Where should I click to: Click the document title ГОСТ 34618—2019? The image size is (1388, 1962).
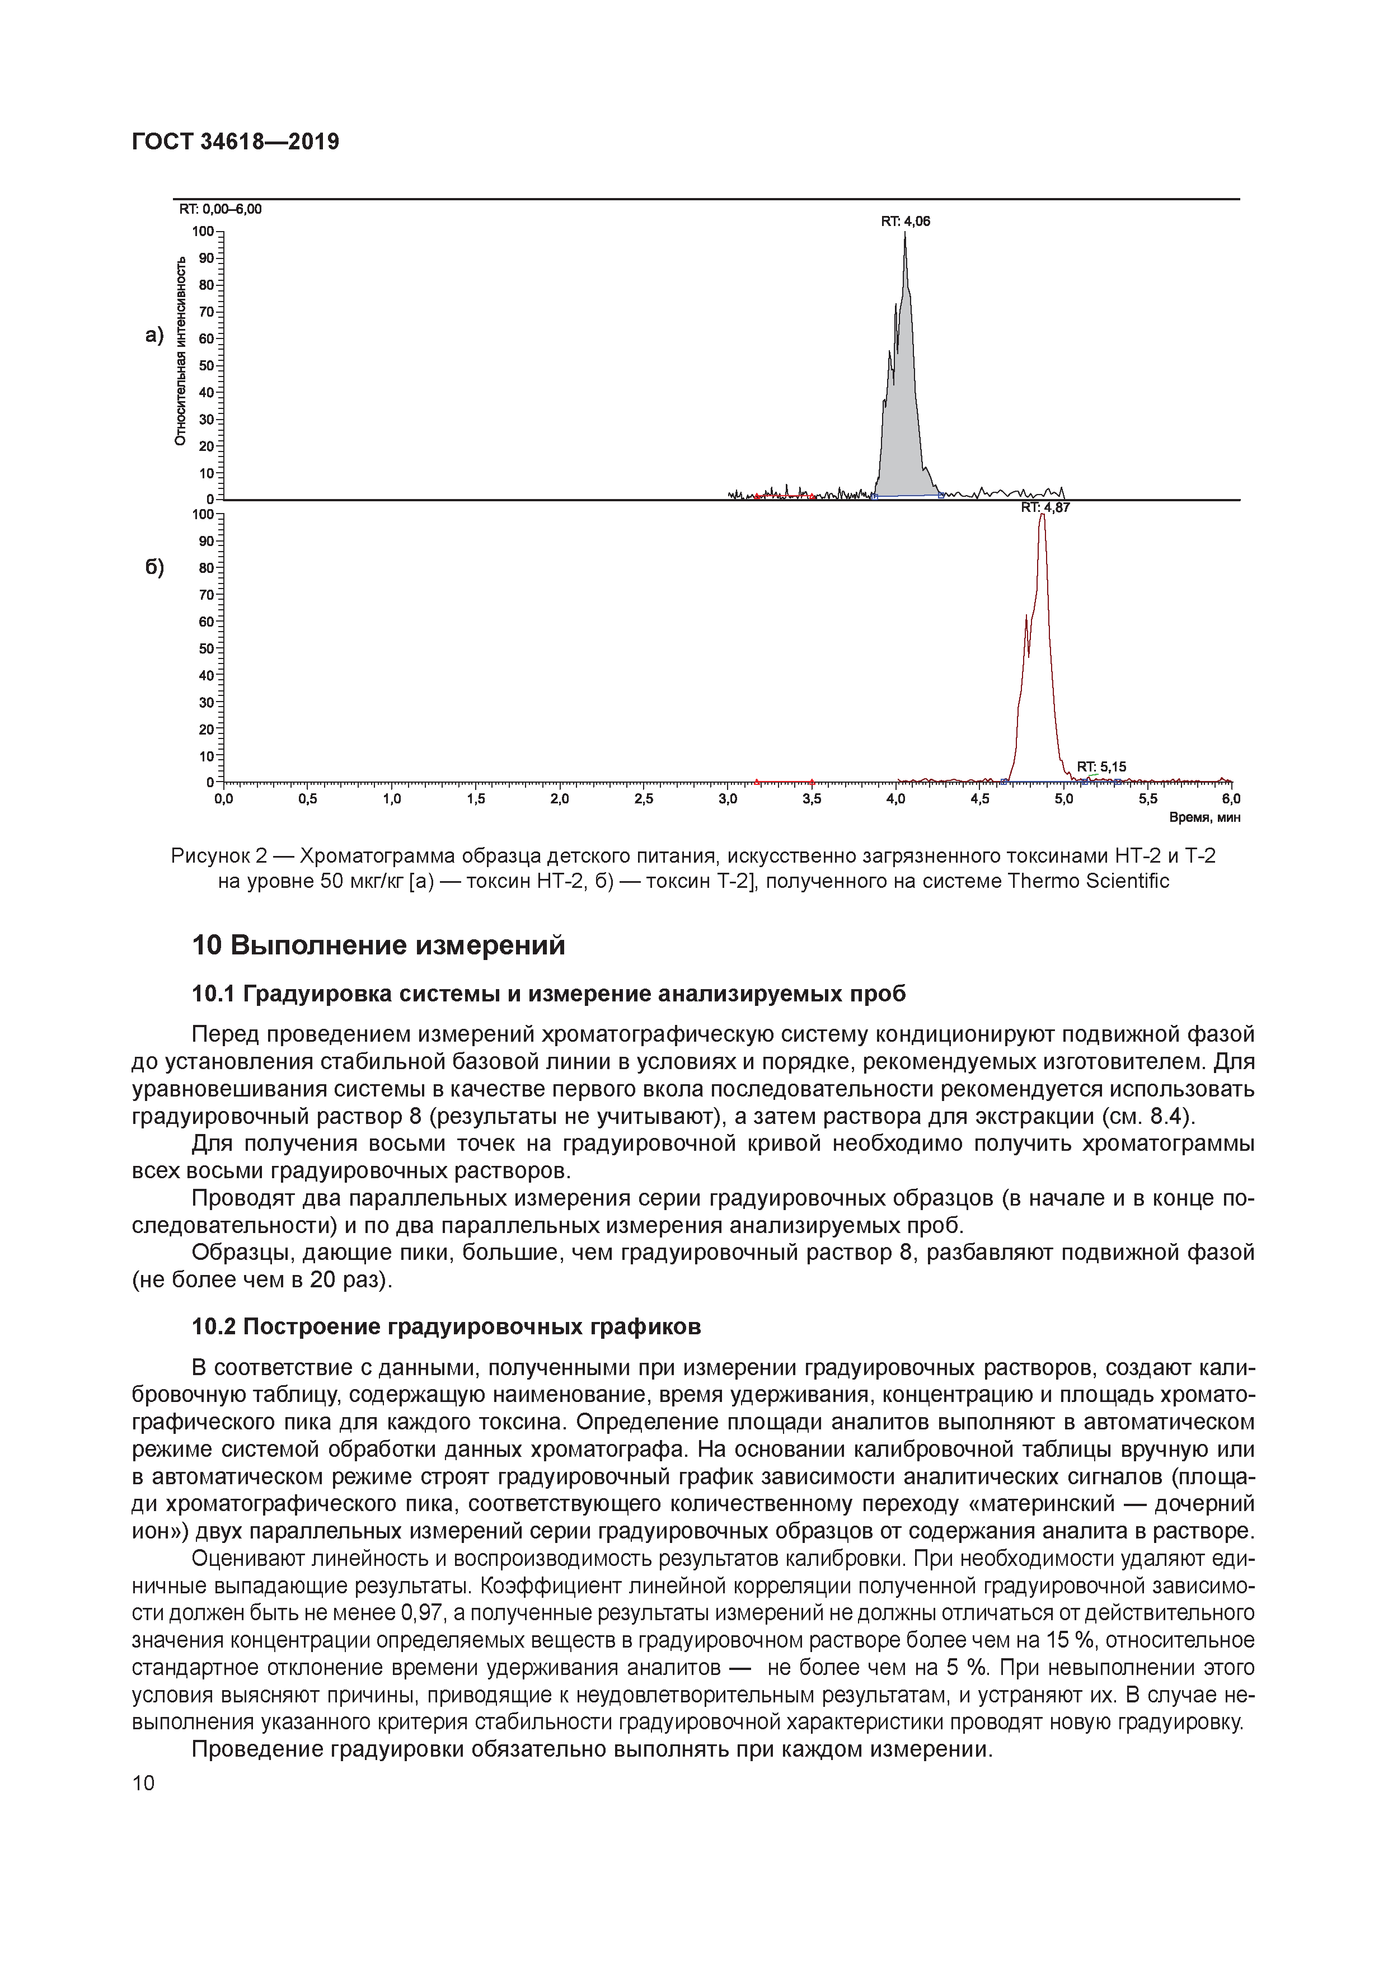click(x=235, y=142)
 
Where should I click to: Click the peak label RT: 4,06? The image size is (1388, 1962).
click(x=905, y=222)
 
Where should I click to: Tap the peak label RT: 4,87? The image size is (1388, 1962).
click(x=1044, y=507)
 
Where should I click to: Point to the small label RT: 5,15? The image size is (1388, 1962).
click(x=1101, y=766)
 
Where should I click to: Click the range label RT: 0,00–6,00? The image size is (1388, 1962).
click(x=219, y=209)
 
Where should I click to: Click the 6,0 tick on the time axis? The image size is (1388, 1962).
click(x=1231, y=799)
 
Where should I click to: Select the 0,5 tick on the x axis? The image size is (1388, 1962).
click(x=307, y=799)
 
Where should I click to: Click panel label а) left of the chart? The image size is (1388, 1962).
click(x=154, y=335)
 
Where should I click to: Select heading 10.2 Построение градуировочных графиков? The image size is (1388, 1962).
click(x=446, y=1326)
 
